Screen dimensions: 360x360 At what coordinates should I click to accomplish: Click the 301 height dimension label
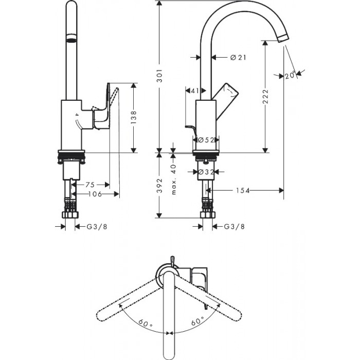159,76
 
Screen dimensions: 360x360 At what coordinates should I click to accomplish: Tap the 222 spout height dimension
265,96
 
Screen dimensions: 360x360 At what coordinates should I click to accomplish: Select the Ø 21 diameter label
238,58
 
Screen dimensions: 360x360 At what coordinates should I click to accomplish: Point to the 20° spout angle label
290,75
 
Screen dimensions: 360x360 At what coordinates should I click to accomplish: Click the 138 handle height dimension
134,118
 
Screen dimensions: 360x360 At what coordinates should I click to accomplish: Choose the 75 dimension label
90,185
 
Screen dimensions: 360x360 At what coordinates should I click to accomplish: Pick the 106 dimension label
95,194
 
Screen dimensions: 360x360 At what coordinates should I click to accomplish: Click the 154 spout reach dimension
243,190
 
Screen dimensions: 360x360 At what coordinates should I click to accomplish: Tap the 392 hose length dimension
159,186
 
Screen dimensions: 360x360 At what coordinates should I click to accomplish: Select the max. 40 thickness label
174,179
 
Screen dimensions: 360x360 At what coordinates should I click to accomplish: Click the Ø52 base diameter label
206,140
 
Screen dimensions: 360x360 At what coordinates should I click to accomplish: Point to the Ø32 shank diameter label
206,172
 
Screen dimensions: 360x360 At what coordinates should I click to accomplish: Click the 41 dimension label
195,91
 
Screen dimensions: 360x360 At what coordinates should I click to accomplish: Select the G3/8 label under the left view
97,227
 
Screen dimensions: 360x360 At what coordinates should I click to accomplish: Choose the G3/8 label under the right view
234,227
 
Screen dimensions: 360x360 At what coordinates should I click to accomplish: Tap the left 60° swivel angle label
146,323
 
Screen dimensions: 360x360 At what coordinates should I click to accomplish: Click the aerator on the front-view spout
71,38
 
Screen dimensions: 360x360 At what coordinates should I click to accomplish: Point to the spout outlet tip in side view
283,38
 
